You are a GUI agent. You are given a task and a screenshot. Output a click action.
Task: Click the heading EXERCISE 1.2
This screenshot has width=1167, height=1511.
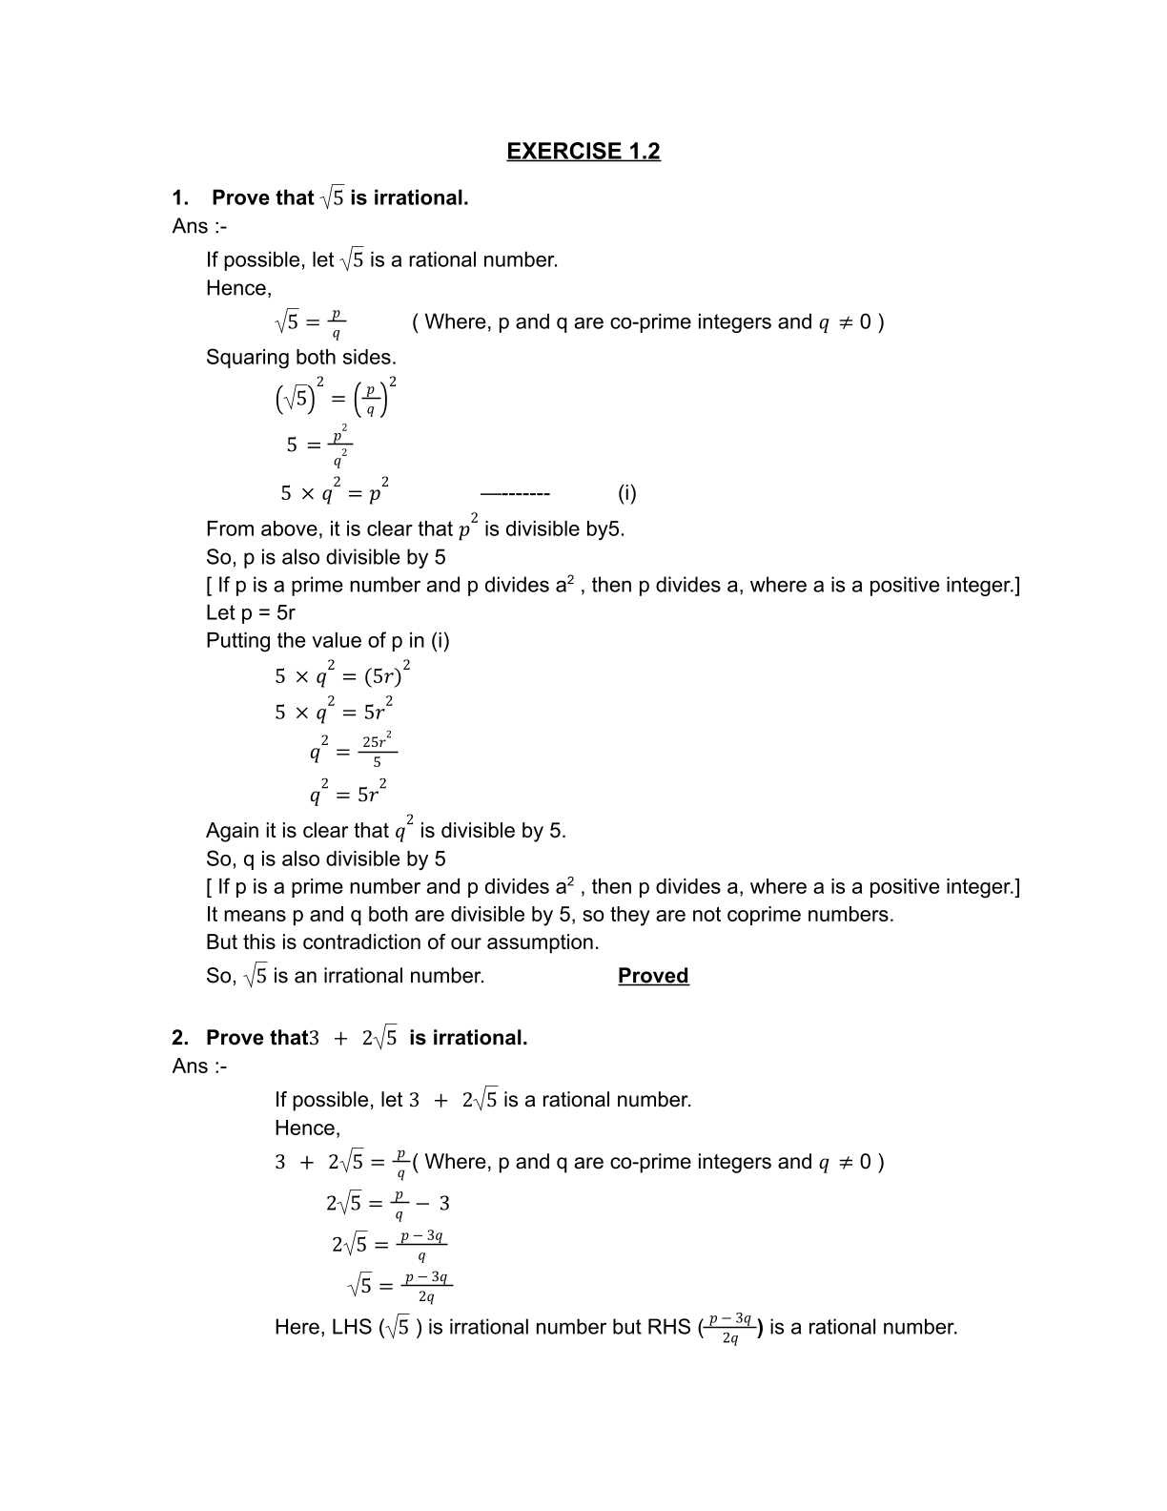[583, 152]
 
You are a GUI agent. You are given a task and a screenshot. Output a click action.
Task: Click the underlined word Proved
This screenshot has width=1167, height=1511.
[653, 976]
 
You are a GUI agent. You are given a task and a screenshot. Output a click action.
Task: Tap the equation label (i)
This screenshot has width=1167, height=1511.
[626, 493]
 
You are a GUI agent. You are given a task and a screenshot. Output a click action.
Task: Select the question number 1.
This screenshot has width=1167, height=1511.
[180, 198]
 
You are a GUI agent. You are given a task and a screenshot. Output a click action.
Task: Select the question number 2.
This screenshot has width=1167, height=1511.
[180, 1038]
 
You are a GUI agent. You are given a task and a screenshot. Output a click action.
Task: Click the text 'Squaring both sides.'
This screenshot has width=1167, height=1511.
[300, 358]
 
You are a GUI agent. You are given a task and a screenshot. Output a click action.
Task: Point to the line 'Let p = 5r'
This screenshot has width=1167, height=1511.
[250, 612]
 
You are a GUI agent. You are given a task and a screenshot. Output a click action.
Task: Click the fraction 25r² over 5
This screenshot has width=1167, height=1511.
[378, 751]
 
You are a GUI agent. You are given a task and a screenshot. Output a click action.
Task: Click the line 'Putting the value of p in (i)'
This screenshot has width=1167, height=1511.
[327, 640]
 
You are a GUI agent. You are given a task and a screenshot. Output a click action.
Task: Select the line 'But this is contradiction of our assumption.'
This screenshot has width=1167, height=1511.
[402, 942]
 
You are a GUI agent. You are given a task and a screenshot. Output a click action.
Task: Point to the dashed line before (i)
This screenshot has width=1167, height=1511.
[515, 494]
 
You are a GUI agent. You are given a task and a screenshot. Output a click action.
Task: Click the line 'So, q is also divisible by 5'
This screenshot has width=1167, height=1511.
[325, 859]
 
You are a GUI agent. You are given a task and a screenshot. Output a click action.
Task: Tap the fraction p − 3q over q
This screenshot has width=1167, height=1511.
[422, 1245]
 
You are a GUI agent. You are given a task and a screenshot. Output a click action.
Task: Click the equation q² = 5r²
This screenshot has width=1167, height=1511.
[348, 793]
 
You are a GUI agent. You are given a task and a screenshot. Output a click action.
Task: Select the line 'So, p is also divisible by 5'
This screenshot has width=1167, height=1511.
[325, 557]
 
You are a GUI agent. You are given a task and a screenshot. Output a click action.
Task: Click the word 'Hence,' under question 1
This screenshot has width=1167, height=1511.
[238, 288]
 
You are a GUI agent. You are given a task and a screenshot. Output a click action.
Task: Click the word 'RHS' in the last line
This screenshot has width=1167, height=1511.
[669, 1327]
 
